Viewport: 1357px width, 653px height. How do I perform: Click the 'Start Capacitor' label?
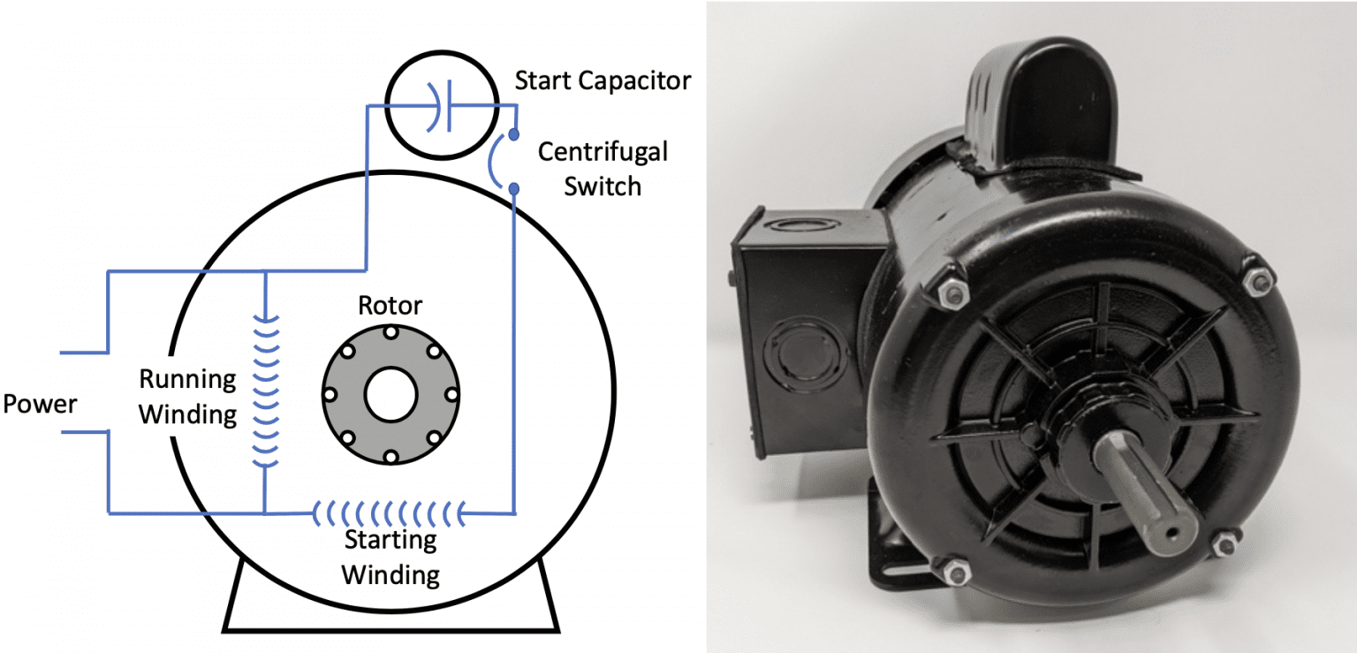coord(603,81)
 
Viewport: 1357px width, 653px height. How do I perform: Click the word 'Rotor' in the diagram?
coord(390,306)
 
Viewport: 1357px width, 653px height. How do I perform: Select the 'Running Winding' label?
coord(188,397)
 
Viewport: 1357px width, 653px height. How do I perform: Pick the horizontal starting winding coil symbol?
coord(389,512)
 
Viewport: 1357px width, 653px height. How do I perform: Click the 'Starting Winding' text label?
coord(390,557)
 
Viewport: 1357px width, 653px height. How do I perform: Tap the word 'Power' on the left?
coord(40,405)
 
